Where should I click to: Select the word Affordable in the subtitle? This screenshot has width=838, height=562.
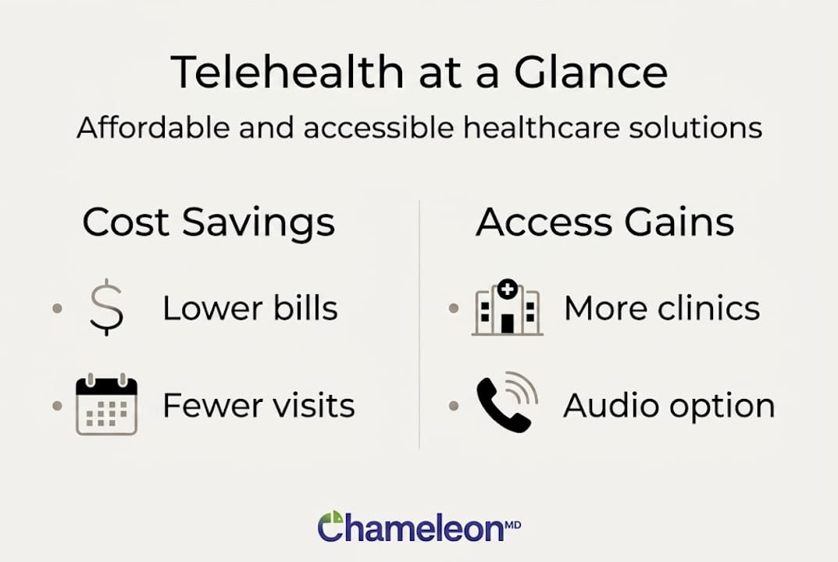[x=153, y=127]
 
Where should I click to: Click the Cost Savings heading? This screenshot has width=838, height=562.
[x=209, y=222]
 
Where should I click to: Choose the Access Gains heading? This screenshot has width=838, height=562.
[x=605, y=222]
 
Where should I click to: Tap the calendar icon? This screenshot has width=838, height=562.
[x=106, y=406]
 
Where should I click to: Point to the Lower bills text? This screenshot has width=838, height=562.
[x=250, y=308]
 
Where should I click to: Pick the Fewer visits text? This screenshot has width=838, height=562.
[x=259, y=406]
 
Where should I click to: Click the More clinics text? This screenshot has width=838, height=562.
[x=661, y=308]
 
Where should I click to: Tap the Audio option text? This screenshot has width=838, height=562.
[x=669, y=406]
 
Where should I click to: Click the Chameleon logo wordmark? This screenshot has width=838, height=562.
[x=411, y=528]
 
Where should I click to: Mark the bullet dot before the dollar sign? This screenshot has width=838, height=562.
[x=56, y=308]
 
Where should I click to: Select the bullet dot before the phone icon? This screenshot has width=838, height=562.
[x=454, y=406]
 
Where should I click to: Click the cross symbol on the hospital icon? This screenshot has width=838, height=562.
[x=507, y=289]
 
